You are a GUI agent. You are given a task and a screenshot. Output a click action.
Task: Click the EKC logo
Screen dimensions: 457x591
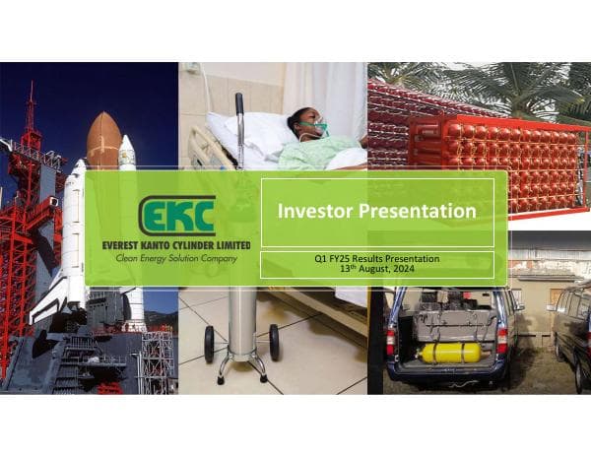pos(178,215)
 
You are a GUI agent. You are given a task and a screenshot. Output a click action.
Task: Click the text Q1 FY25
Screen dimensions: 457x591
pos(326,258)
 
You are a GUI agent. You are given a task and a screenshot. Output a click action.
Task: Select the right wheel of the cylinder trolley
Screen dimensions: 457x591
pos(275,342)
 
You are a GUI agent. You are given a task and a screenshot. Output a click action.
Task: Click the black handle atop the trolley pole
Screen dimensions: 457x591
pos(238,101)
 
